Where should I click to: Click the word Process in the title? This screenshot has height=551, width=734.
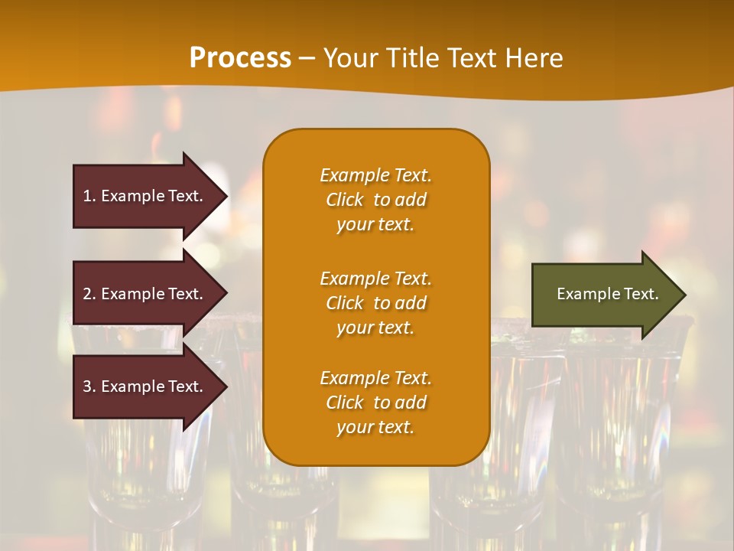coord(240,58)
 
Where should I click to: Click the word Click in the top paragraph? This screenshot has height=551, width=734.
coord(345,200)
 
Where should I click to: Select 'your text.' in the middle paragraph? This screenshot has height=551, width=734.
coord(375,328)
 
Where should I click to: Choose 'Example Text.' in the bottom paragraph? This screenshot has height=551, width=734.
coord(375,378)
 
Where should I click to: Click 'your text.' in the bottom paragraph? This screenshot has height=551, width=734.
coord(375,427)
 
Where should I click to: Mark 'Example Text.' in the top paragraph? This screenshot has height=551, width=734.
coord(375,175)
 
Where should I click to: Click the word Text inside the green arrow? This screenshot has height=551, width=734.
coord(640,294)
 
